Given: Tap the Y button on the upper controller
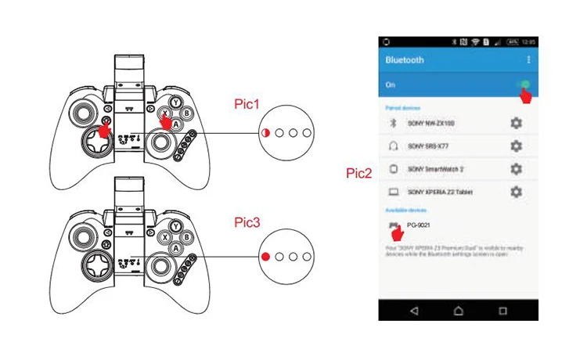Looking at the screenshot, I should click(x=177, y=102).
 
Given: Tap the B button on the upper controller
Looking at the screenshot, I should click(x=187, y=113).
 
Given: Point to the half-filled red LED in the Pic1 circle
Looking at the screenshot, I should click(x=266, y=133).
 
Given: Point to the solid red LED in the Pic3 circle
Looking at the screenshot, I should click(x=266, y=257).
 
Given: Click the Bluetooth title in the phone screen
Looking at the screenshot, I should click(x=405, y=60).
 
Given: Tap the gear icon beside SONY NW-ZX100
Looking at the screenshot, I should click(x=516, y=124).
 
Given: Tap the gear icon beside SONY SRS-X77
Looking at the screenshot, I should click(x=516, y=146).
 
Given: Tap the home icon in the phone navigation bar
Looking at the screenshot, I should click(x=458, y=310).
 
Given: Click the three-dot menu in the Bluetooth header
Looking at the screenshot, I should click(x=529, y=60).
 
